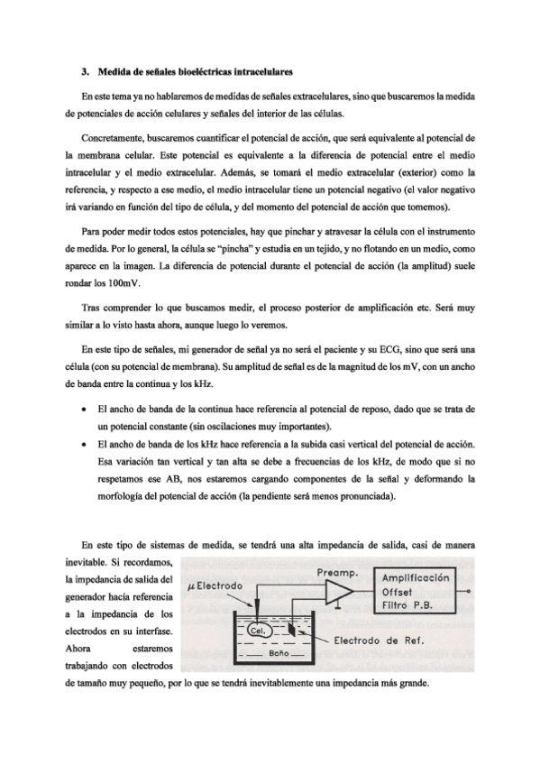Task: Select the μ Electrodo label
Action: (215, 585)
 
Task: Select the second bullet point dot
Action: (84, 445)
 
